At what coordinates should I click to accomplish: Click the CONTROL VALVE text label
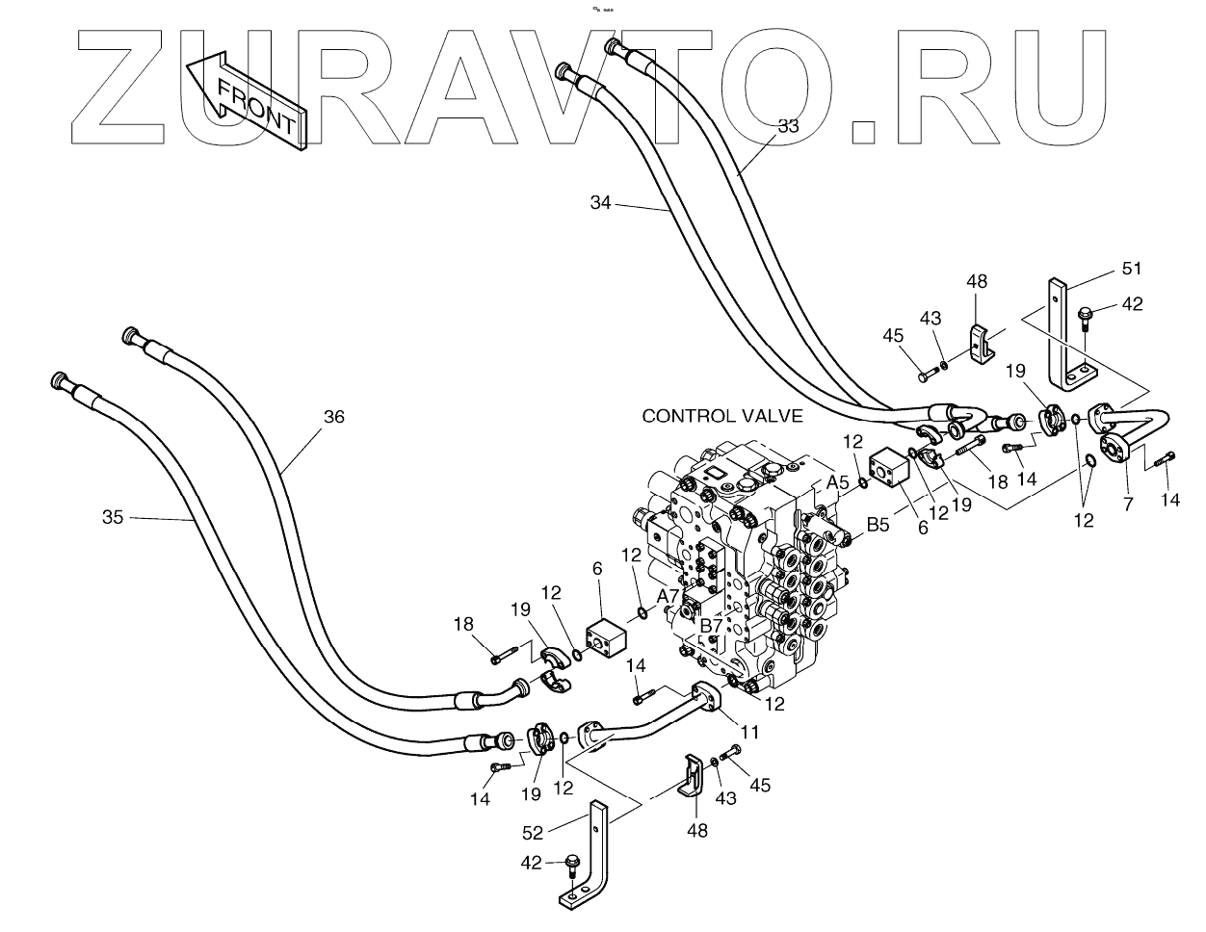point(723,416)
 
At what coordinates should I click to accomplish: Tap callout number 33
point(788,125)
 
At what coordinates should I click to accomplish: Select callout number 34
point(600,202)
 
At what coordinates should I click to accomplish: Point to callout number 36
point(333,417)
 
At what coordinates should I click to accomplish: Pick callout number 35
point(113,517)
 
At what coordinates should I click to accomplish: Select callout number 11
point(750,732)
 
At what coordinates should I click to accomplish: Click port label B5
point(878,524)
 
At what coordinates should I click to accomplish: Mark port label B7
point(711,626)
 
